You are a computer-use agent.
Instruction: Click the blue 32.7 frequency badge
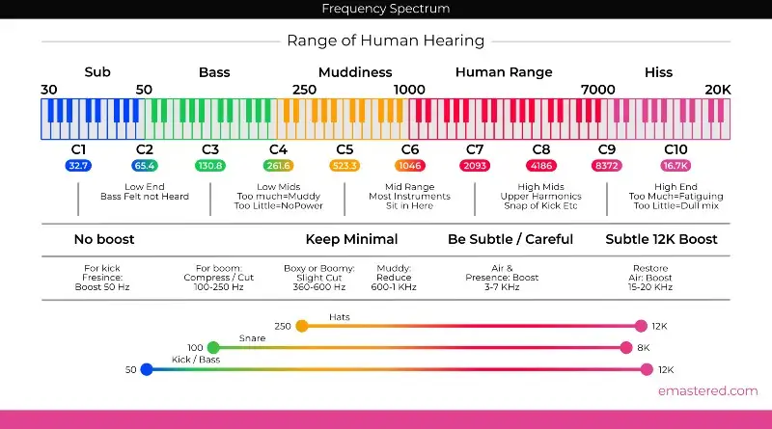(78, 166)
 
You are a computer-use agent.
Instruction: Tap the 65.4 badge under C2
(145, 166)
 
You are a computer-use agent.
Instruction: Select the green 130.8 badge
(210, 166)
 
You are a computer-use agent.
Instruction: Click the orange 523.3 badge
(345, 166)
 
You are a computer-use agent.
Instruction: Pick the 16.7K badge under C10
(675, 166)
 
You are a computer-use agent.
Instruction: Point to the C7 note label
(475, 149)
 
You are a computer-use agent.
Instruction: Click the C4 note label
(278, 149)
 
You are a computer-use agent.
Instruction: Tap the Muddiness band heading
(355, 72)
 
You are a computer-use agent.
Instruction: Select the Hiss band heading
(658, 72)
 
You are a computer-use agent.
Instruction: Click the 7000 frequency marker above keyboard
(597, 90)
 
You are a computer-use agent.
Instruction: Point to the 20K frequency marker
(717, 90)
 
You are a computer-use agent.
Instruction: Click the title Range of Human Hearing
(386, 40)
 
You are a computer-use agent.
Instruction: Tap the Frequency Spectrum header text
(386, 9)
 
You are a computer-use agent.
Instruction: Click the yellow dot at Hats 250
(302, 326)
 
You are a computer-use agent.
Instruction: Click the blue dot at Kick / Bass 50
(146, 369)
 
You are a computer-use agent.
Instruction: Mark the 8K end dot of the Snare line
(627, 347)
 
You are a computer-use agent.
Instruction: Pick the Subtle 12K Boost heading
(662, 239)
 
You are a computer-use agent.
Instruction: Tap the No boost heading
(104, 239)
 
